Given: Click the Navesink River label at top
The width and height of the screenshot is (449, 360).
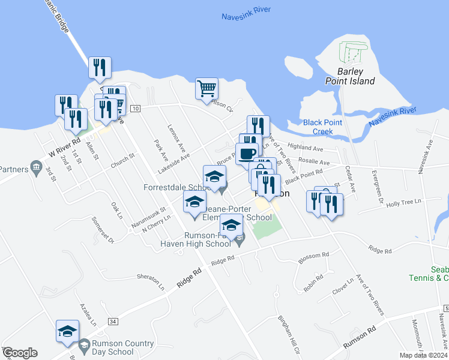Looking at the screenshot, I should pos(246,10).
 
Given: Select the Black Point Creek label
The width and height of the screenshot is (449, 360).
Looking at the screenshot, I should pos(322,127).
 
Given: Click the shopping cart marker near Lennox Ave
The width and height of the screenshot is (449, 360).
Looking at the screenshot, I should pos(206,89).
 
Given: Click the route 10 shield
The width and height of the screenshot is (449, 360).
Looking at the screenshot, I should pos(135,108).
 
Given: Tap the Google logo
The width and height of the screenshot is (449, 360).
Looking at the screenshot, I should pos(20,353).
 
